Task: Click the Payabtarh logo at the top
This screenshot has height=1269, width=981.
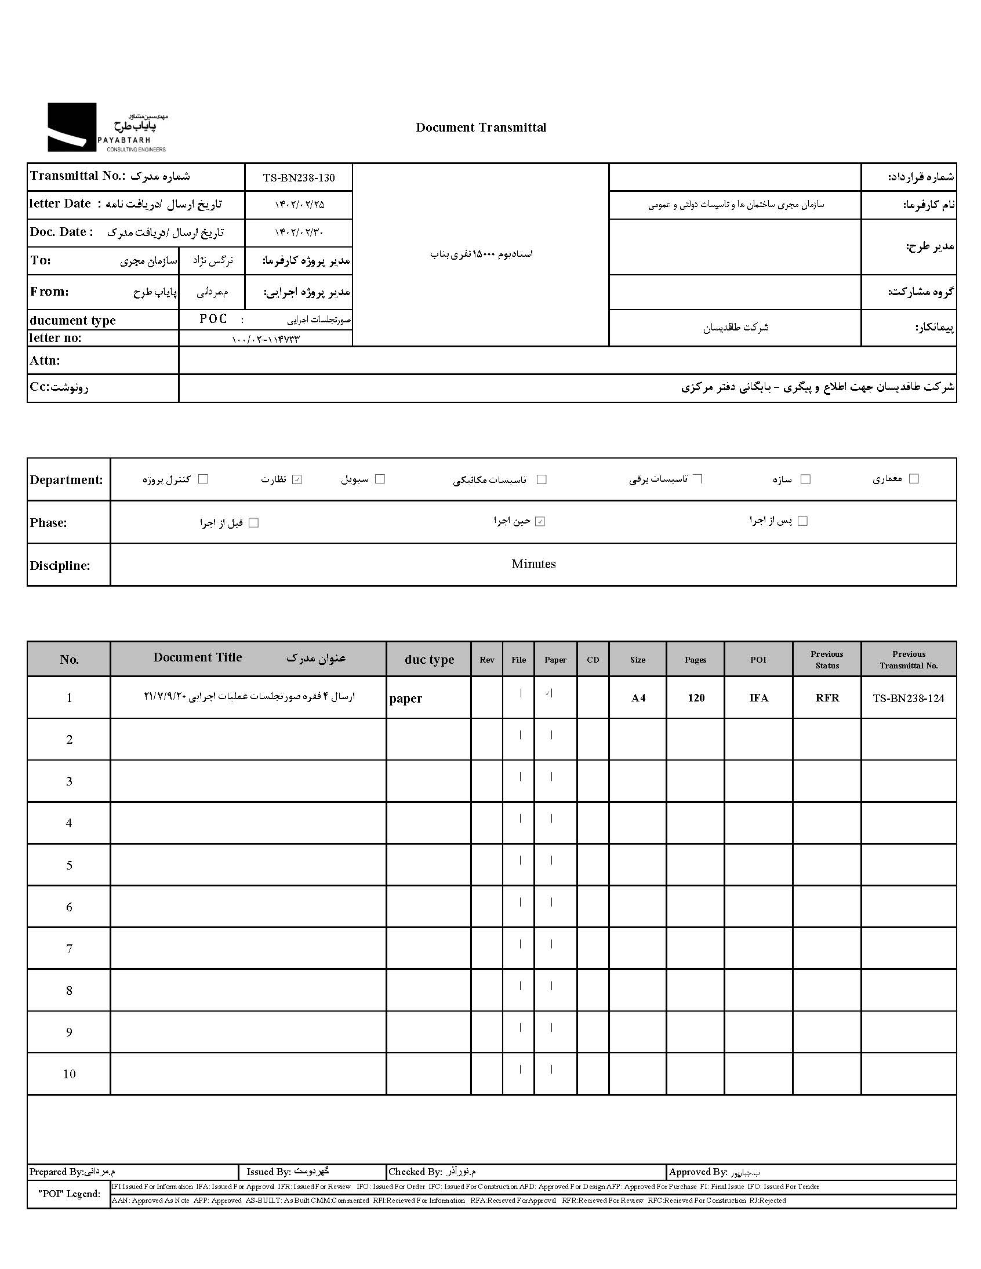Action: [x=107, y=128]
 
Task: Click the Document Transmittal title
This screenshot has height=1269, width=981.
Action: [x=481, y=128]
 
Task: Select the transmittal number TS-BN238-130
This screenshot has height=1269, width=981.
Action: [x=299, y=178]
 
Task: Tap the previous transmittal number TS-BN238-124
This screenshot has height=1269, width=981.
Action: [x=909, y=698]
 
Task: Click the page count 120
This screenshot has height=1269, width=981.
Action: [x=696, y=698]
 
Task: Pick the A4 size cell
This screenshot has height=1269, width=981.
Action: [x=638, y=698]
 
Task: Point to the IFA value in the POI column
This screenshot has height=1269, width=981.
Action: [x=758, y=698]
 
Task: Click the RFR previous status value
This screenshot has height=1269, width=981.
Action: [x=827, y=698]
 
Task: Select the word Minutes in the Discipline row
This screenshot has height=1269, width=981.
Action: [x=533, y=563]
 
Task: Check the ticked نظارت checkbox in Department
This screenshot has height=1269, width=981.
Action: [x=297, y=479]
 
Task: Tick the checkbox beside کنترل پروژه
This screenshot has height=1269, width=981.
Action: [x=204, y=479]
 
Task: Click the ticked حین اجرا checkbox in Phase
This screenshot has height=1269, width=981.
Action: [x=540, y=521]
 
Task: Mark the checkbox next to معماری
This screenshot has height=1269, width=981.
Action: [x=914, y=478]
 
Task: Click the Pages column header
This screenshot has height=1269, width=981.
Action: [x=695, y=660]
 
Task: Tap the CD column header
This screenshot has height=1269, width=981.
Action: [x=593, y=660]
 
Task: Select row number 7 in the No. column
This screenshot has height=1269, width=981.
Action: [x=69, y=949]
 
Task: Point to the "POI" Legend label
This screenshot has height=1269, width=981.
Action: [x=69, y=1194]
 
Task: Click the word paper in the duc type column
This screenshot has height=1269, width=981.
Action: [x=406, y=699]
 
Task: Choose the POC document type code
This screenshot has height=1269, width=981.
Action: [x=213, y=319]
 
